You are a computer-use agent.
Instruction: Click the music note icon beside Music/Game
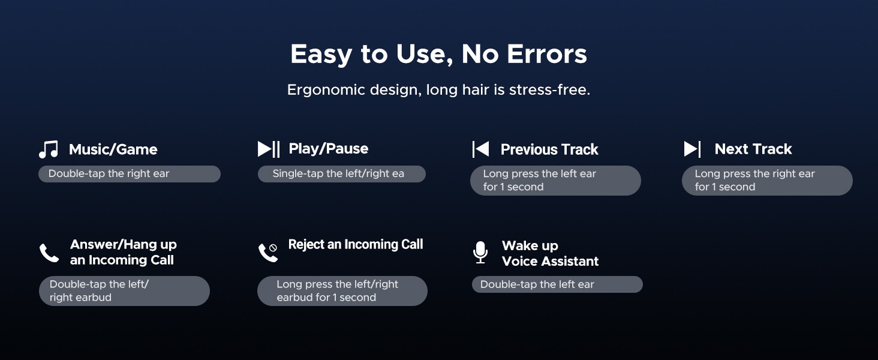[49, 149]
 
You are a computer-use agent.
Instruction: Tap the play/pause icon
[269, 149]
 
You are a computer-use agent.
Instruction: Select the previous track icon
[480, 149]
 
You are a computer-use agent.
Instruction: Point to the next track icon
[692, 149]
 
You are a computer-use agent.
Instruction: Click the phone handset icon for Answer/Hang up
[49, 253]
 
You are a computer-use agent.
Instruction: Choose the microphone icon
[480, 252]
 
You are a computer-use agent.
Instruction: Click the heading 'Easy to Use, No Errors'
[438, 54]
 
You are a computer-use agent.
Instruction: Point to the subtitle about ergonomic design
[438, 90]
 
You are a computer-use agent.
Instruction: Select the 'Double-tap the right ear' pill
[130, 174]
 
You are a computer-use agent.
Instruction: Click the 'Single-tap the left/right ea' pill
[341, 174]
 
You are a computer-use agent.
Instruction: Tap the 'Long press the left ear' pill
[555, 181]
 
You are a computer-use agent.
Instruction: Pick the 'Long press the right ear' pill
[767, 181]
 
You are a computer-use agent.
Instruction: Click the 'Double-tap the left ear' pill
[557, 284]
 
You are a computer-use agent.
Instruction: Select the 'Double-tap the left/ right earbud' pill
[124, 291]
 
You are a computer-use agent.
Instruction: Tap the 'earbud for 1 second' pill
[342, 291]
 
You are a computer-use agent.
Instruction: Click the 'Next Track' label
[753, 149]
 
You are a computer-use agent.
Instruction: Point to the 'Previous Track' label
[549, 149]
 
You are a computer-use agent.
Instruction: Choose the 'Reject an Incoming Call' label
[356, 244]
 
